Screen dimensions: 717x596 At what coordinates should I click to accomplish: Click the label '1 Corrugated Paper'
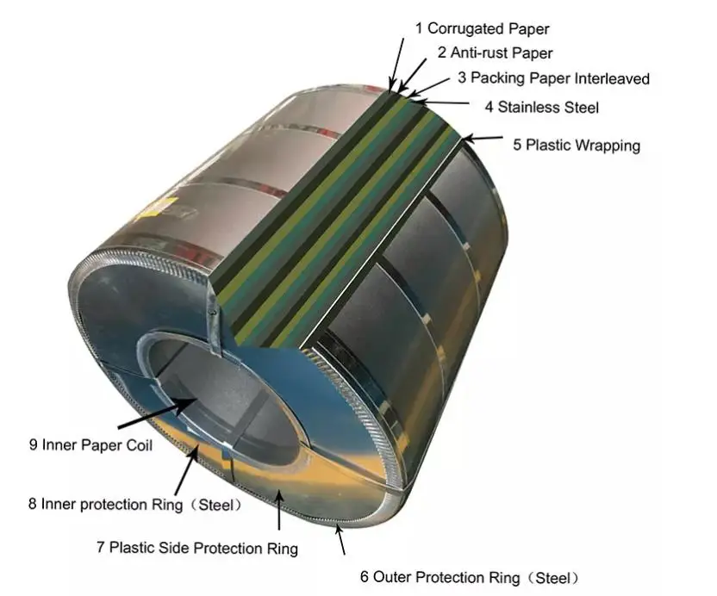[x=482, y=28]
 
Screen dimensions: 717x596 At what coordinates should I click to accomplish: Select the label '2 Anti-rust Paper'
[x=495, y=53]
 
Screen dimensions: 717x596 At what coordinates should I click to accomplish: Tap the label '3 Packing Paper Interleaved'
[x=553, y=78]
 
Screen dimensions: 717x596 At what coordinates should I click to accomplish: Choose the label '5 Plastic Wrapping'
[x=577, y=145]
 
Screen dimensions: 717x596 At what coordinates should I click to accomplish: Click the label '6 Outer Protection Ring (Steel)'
[x=470, y=577]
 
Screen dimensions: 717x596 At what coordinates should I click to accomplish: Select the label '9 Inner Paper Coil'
[x=89, y=445]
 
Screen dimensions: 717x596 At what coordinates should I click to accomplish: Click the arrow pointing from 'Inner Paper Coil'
[x=155, y=413]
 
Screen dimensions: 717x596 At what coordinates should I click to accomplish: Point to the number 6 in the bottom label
[x=365, y=577]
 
